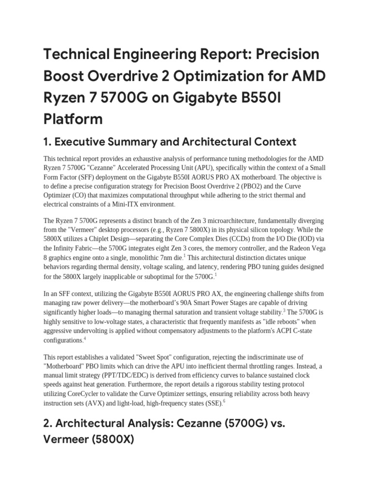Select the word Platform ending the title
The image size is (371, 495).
(73, 118)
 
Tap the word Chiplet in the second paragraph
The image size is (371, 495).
(109, 239)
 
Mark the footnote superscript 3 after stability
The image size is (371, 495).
(285, 310)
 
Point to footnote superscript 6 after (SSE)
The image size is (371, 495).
(224, 401)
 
